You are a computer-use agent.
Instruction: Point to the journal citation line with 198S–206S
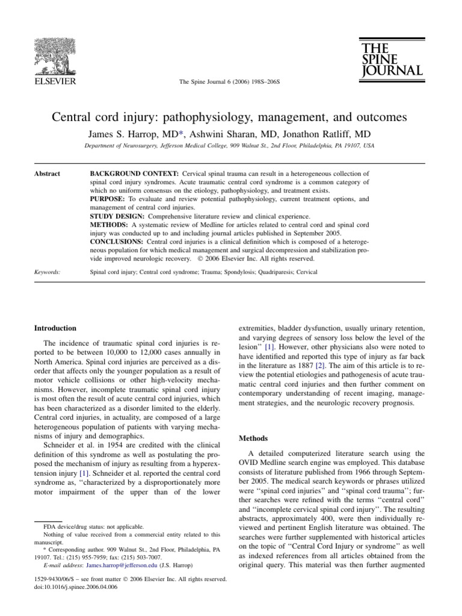pyautogui.click(x=230, y=81)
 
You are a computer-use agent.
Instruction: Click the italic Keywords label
pyautogui.click(x=47, y=272)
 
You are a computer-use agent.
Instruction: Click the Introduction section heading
pyautogui.click(x=55, y=328)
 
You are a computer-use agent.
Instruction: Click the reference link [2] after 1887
pyautogui.click(x=321, y=365)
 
